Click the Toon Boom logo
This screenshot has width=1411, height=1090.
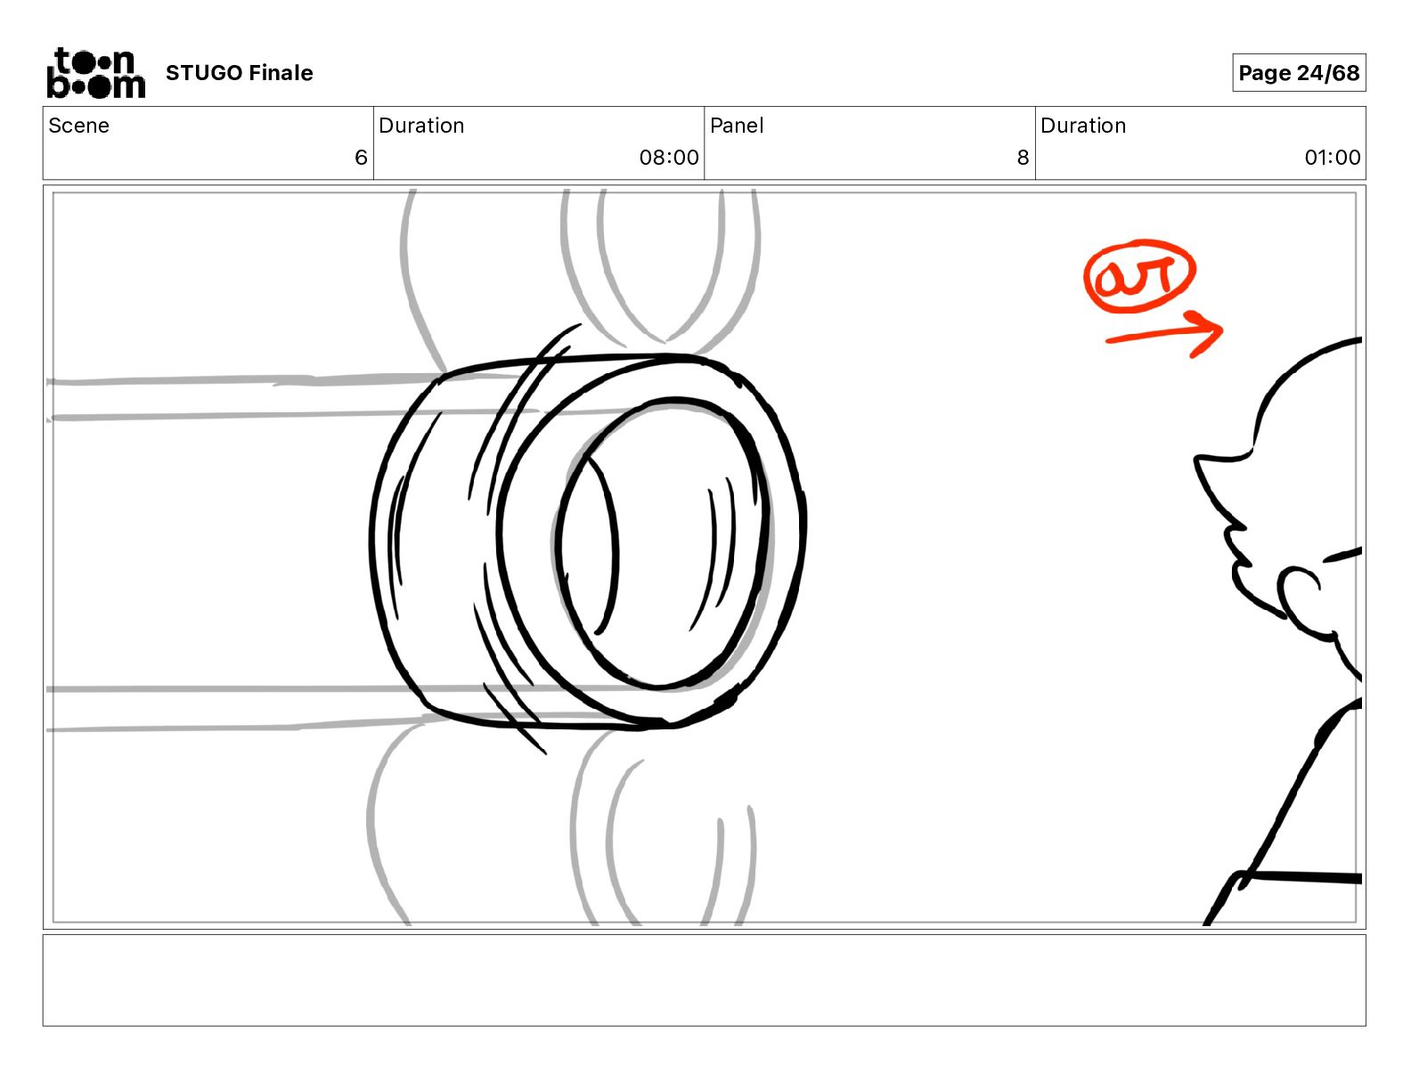point(96,73)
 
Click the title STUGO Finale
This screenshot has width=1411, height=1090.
point(239,73)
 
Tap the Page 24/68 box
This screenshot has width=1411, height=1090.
point(1299,73)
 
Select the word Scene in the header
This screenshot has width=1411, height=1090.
point(78,126)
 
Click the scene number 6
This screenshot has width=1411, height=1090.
point(361,157)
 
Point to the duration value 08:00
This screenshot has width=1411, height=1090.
point(669,157)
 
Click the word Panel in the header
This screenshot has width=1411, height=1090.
point(737,126)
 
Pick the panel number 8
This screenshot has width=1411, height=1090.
point(1023,157)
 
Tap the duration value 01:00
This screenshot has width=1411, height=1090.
point(1333,157)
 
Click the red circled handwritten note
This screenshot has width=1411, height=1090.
point(1139,276)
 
